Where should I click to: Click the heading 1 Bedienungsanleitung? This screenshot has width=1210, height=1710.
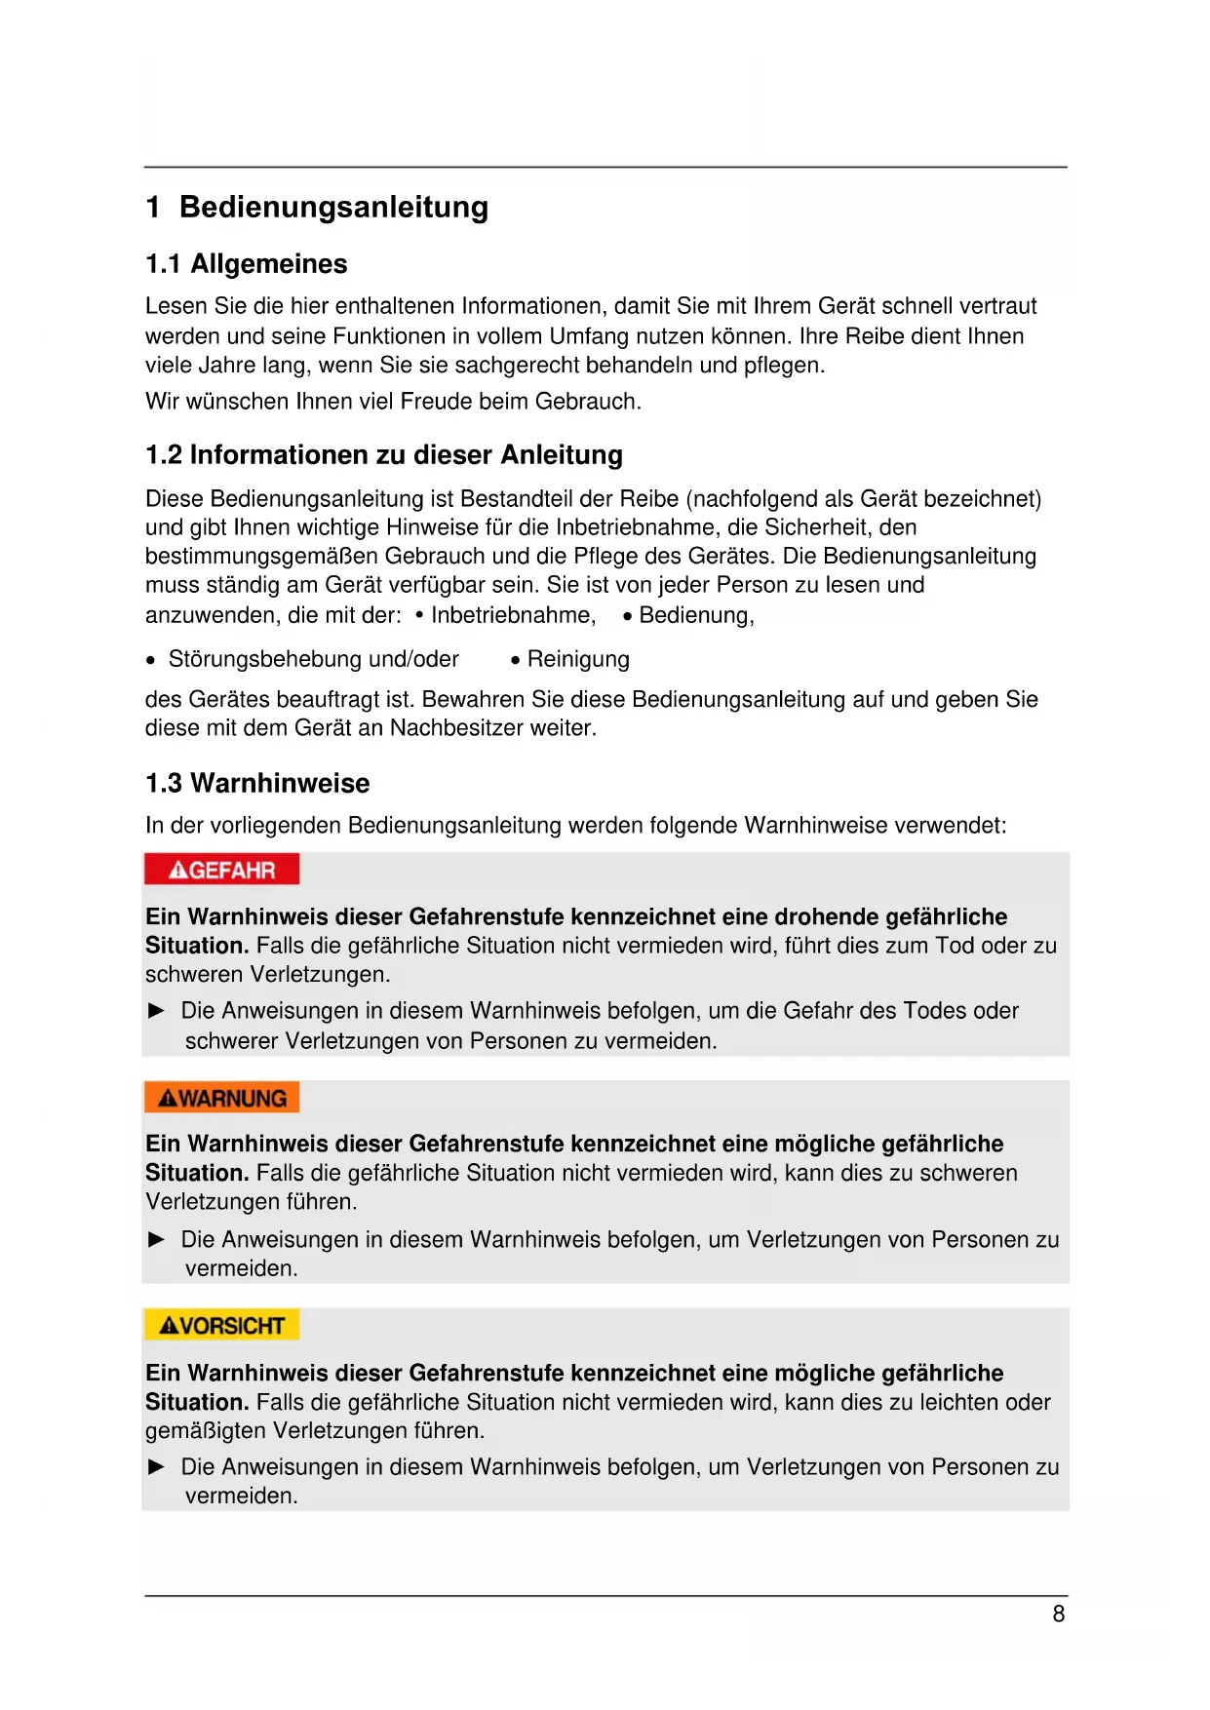pos(317,208)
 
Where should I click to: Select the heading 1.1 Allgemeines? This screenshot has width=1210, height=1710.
pos(246,264)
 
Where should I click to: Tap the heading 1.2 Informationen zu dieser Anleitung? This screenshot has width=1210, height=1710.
pos(383,455)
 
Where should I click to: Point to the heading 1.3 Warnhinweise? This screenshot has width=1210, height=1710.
pos(257,784)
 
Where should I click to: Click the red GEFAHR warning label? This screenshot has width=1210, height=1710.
pos(221,870)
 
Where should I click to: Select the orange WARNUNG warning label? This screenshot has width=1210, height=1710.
pos(221,1098)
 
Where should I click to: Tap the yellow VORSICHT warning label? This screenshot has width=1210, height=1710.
pos(221,1326)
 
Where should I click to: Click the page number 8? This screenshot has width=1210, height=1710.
pos(1058,1614)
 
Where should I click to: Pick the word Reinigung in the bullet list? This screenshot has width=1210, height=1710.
pos(578,660)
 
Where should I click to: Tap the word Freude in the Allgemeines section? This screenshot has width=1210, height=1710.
pos(435,402)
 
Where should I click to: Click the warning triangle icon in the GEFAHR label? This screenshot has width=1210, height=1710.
pos(177,870)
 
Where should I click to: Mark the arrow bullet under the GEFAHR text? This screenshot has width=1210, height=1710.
pos(156,1011)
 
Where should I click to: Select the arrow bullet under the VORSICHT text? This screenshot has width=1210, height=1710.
pos(156,1467)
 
